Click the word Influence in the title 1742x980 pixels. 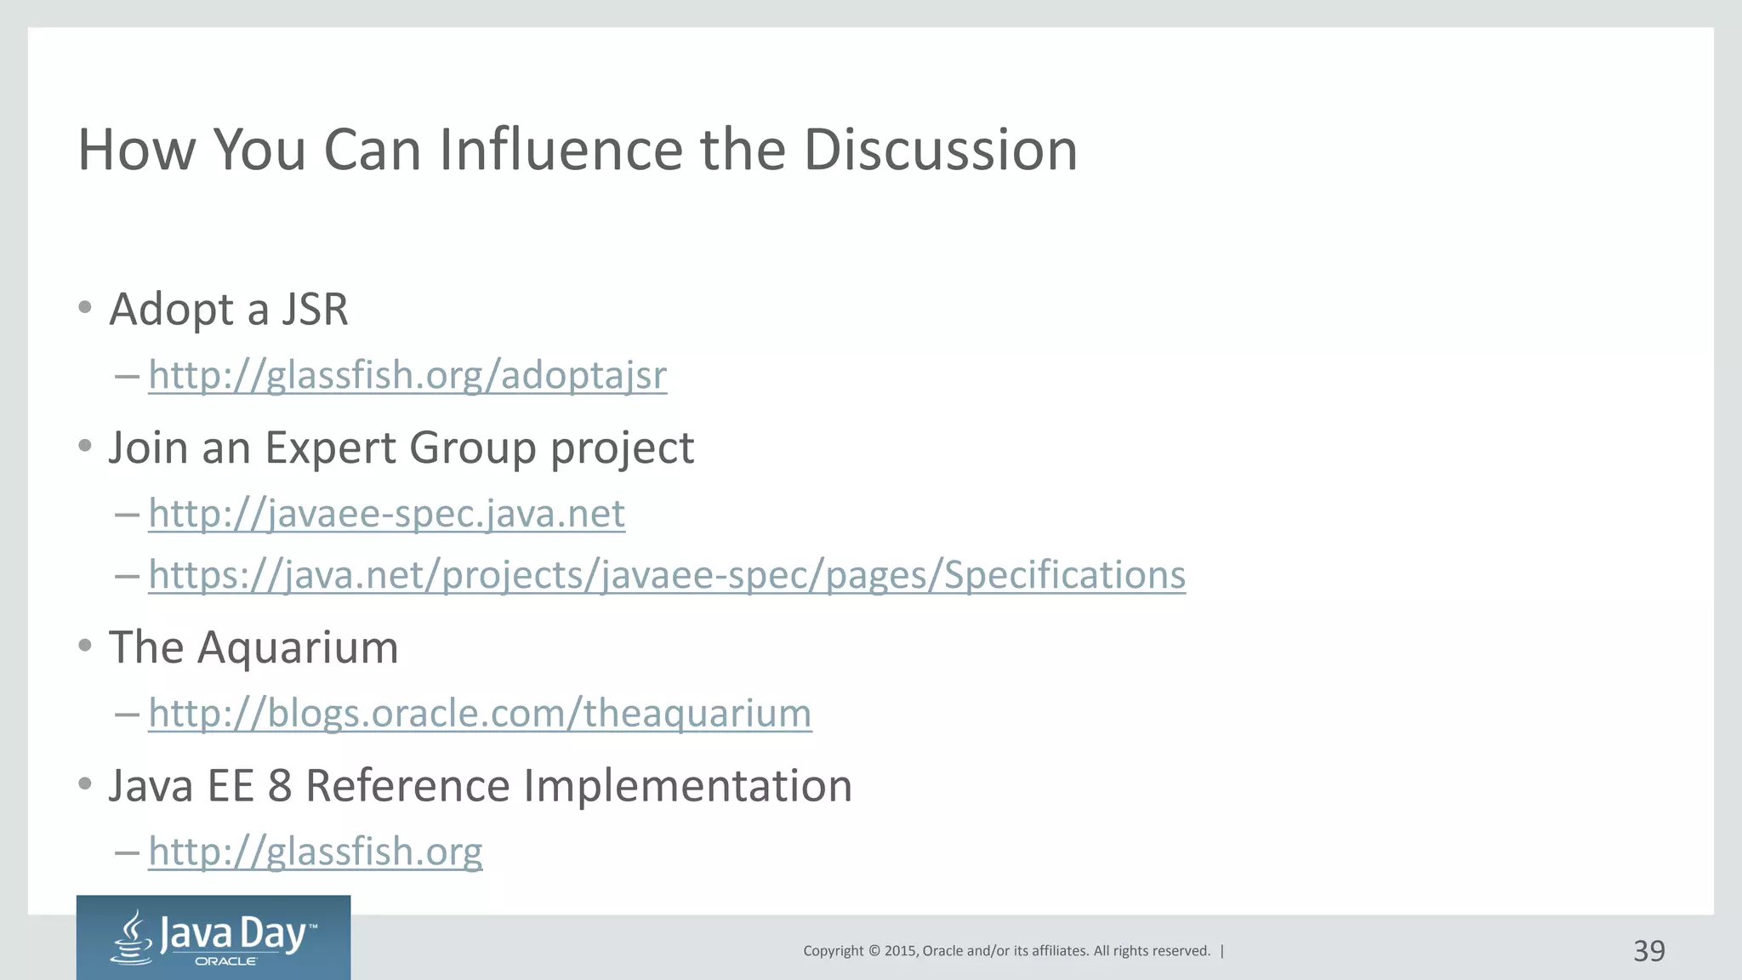(x=562, y=150)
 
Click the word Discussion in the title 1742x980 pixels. (x=940, y=150)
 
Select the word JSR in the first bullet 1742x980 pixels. (x=315, y=309)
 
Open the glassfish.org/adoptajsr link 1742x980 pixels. (x=407, y=375)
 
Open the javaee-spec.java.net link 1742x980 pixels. (x=386, y=513)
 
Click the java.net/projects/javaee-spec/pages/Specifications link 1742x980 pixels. (x=667, y=575)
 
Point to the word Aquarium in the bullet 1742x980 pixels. (x=298, y=647)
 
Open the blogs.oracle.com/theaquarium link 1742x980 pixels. (x=480, y=713)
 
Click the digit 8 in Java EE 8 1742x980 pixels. (x=280, y=785)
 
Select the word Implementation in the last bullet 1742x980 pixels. (x=687, y=785)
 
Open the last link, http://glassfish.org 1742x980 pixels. (x=315, y=851)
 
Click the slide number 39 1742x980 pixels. (x=1648, y=951)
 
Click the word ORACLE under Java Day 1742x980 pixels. (x=225, y=961)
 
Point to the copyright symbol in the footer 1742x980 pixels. (x=873, y=951)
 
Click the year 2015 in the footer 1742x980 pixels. (x=899, y=951)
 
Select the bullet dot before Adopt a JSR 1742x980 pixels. (x=84, y=307)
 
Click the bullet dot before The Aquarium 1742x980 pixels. (x=84, y=646)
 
